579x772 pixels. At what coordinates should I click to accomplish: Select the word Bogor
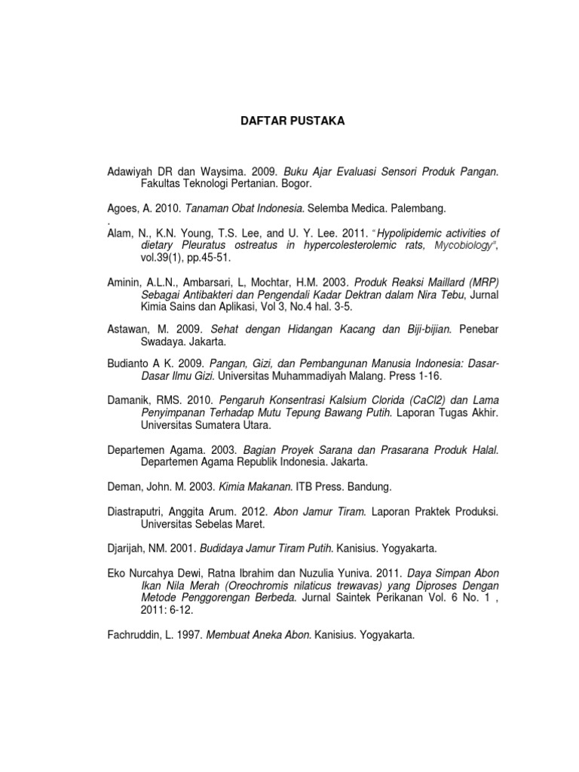pos(293,183)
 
